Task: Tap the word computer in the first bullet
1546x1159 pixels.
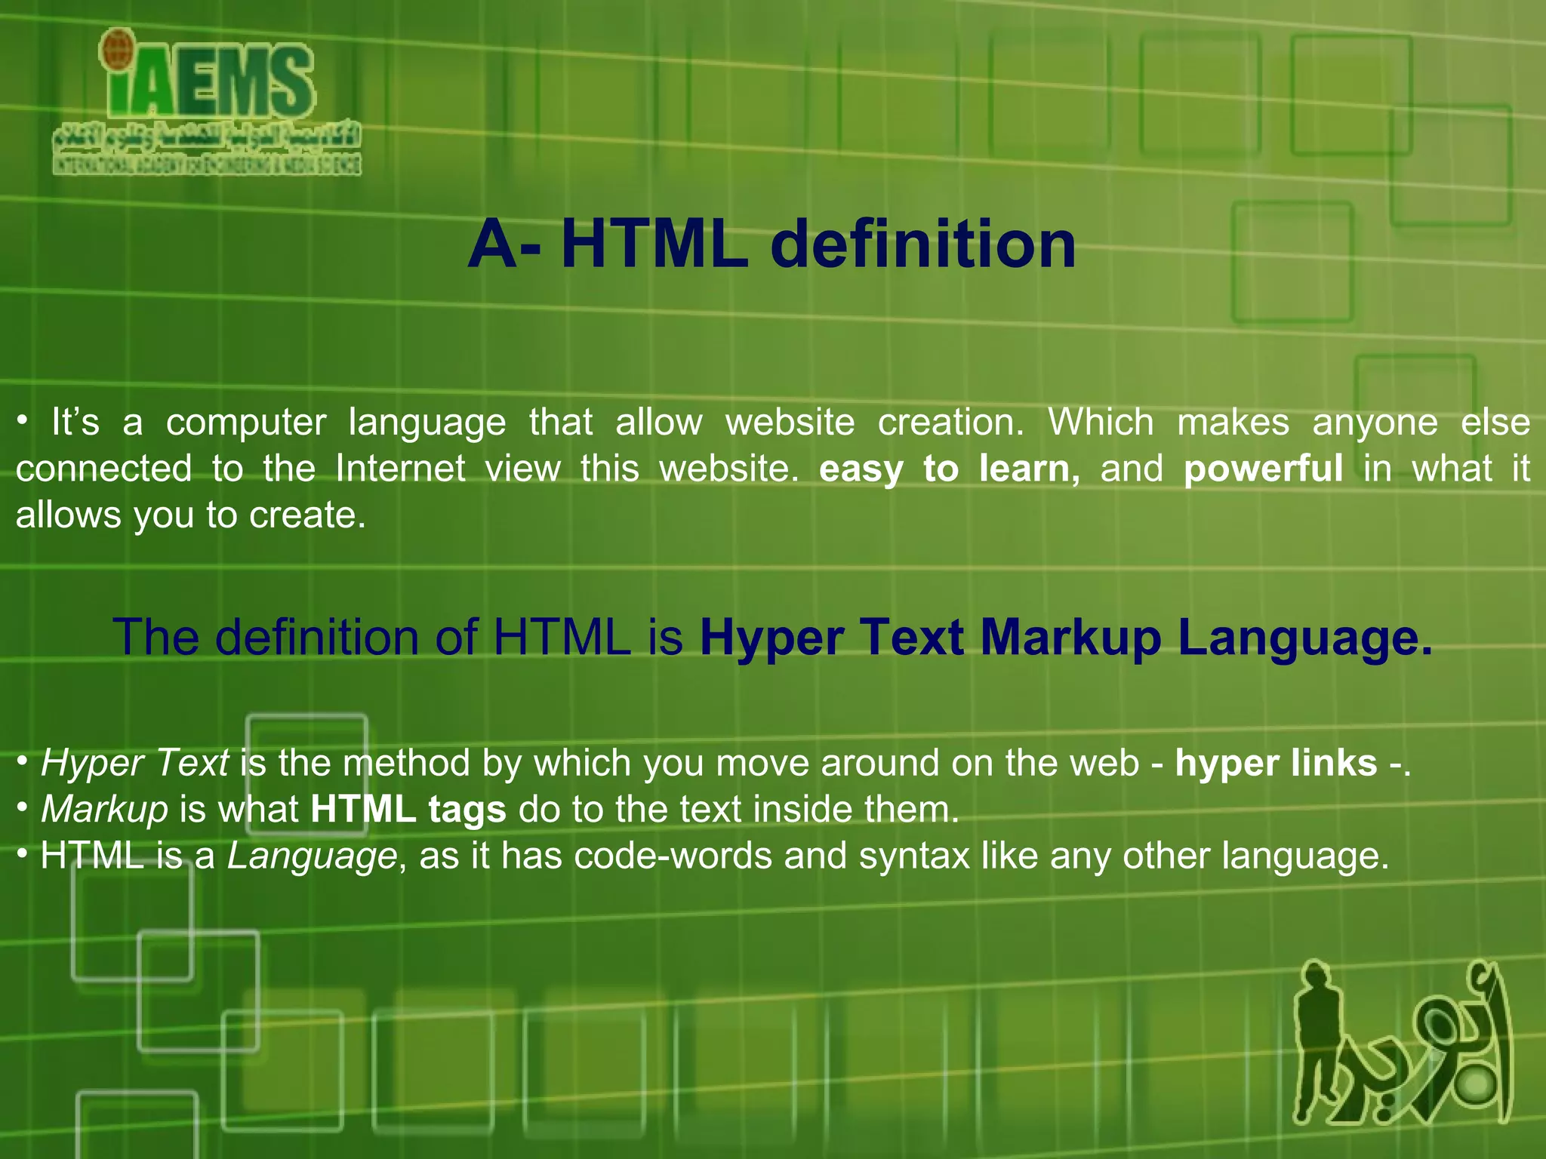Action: tap(246, 423)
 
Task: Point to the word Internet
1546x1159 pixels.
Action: tap(400, 469)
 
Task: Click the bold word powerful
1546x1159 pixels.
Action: tap(1263, 469)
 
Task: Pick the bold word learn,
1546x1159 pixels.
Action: tap(1029, 469)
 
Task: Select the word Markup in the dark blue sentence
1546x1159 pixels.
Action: tap(1070, 638)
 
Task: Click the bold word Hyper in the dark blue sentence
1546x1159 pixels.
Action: tap(771, 638)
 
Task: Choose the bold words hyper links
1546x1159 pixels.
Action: tap(1276, 763)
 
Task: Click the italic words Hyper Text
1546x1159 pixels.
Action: tap(134, 763)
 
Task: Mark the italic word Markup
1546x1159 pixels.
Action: tap(104, 810)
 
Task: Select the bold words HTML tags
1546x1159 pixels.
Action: tap(408, 810)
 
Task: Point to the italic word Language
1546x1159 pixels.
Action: tap(312, 856)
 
